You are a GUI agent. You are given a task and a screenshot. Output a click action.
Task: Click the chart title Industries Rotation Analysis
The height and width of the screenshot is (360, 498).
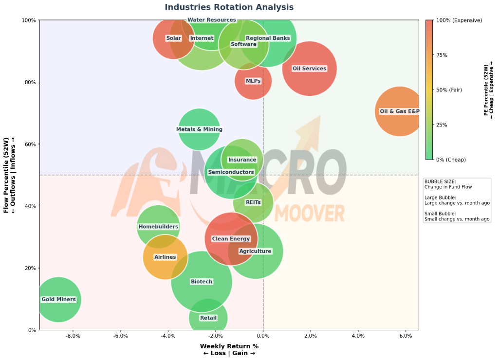point(229,7)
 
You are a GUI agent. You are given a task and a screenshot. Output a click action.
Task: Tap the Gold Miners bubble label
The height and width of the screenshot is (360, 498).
point(59,299)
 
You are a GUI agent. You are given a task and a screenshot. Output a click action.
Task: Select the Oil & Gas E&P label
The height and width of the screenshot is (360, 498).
point(400,111)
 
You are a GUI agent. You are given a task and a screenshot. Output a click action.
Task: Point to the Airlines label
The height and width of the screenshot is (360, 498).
point(165,257)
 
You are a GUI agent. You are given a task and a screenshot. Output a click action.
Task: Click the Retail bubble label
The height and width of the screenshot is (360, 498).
point(208,318)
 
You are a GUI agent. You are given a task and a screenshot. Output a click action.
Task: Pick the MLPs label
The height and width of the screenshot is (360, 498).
point(253,81)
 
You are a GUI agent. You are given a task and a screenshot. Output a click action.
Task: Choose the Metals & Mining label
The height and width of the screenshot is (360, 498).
point(200,129)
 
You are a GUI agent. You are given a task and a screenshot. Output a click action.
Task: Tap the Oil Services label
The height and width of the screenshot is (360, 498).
point(309,69)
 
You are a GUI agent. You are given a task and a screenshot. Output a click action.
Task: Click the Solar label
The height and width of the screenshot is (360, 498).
point(174,38)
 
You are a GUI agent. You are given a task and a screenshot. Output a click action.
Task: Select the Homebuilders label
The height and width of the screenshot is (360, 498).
point(159,227)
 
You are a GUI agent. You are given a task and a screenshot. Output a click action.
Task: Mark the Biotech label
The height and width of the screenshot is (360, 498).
point(202,282)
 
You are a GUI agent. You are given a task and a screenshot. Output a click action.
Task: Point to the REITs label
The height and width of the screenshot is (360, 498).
point(254,202)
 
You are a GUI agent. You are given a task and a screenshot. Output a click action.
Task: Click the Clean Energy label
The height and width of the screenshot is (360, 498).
point(231,239)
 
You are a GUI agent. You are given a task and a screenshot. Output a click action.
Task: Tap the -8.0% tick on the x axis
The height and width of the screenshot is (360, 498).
point(73,336)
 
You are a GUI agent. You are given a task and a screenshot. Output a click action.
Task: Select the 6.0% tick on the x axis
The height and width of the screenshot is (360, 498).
point(406,336)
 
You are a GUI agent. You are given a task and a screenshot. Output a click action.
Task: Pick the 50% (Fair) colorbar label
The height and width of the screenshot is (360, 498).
point(449,90)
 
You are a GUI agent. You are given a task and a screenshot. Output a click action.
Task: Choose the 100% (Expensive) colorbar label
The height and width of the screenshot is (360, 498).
point(459,20)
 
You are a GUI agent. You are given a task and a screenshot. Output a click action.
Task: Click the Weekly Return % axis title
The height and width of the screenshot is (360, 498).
point(229,346)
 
